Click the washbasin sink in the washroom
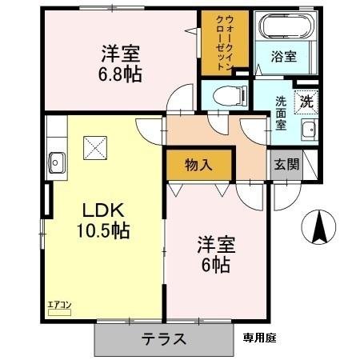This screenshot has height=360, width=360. (307, 130)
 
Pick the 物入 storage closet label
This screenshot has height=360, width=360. (198, 166)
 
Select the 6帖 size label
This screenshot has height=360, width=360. (214, 265)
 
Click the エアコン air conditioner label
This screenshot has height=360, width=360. (60, 305)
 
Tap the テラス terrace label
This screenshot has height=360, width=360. (165, 338)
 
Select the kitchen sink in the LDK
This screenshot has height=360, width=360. (58, 158)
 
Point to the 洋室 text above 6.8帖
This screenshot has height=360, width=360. (121, 55)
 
